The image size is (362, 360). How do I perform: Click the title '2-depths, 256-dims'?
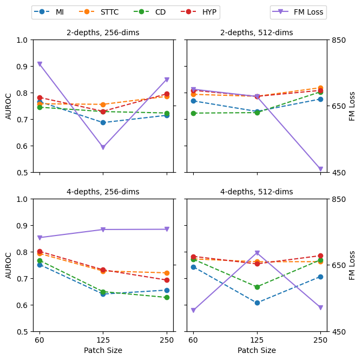click(x=103, y=33)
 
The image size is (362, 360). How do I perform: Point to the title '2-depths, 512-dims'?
click(x=256, y=33)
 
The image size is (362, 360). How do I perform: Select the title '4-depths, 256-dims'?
click(x=103, y=192)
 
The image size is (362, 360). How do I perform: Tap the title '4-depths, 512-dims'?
click(x=256, y=192)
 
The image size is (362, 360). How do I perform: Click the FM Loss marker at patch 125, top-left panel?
click(x=103, y=147)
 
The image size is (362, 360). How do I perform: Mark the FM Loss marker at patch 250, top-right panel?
click(x=320, y=169)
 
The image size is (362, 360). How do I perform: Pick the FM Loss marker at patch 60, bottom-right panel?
click(x=193, y=311)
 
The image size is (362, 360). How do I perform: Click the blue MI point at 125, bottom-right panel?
click(x=257, y=303)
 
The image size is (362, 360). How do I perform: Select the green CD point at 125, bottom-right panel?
click(x=257, y=287)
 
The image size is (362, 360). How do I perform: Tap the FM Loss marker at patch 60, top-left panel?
click(x=40, y=64)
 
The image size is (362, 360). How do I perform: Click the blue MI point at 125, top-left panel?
click(x=103, y=122)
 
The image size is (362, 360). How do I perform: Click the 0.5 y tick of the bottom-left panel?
click(x=23, y=332)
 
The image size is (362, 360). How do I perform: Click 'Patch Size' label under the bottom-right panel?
click(x=256, y=351)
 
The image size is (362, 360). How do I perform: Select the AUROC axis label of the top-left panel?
click(x=9, y=106)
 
